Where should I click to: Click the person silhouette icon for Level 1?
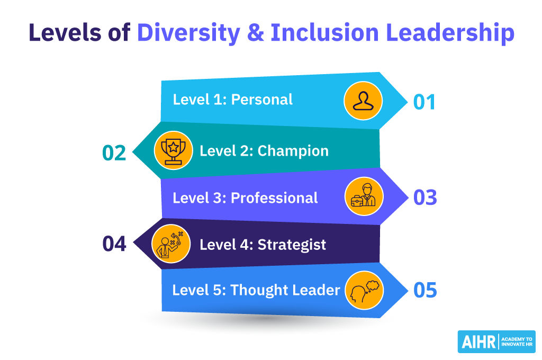(x=363, y=101)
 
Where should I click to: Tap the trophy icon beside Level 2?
(x=173, y=151)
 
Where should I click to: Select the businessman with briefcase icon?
(x=364, y=196)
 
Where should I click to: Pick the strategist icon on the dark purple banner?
(x=171, y=244)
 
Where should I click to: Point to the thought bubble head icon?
(x=364, y=291)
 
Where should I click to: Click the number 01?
(x=424, y=102)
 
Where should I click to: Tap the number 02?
(x=114, y=153)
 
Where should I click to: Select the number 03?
(x=425, y=197)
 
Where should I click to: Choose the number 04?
(x=114, y=244)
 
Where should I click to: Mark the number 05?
(x=425, y=290)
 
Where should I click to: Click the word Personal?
(x=261, y=100)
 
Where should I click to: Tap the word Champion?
(x=293, y=151)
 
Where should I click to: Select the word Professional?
(x=274, y=198)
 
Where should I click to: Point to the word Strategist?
(x=292, y=245)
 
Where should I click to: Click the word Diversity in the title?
(x=189, y=33)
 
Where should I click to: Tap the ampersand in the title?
(x=256, y=33)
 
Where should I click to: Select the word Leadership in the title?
(x=450, y=33)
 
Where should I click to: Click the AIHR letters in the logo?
(x=478, y=342)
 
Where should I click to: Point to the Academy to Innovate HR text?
(x=517, y=341)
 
